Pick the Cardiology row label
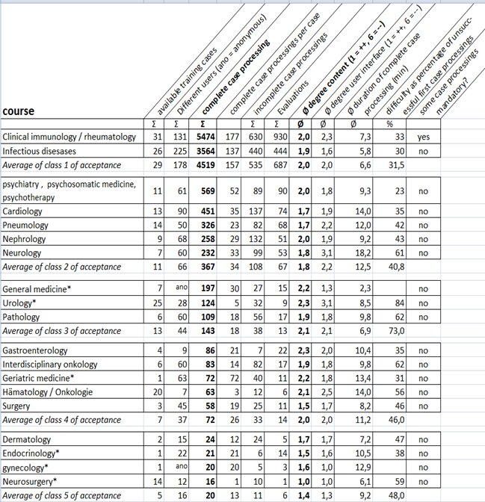click(x=23, y=211)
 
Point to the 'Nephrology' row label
click(x=25, y=239)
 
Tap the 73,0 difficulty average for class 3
click(x=395, y=329)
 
